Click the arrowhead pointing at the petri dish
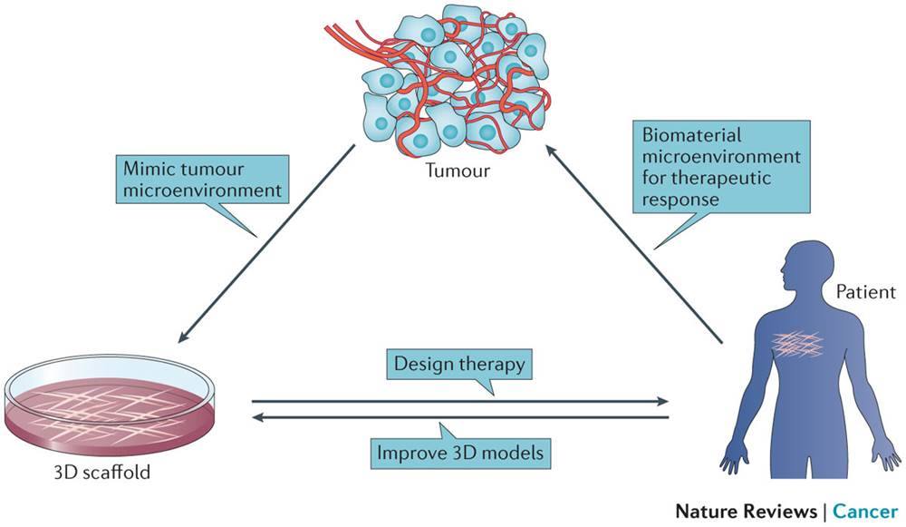[183, 339]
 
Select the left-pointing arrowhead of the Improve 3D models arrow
[257, 417]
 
